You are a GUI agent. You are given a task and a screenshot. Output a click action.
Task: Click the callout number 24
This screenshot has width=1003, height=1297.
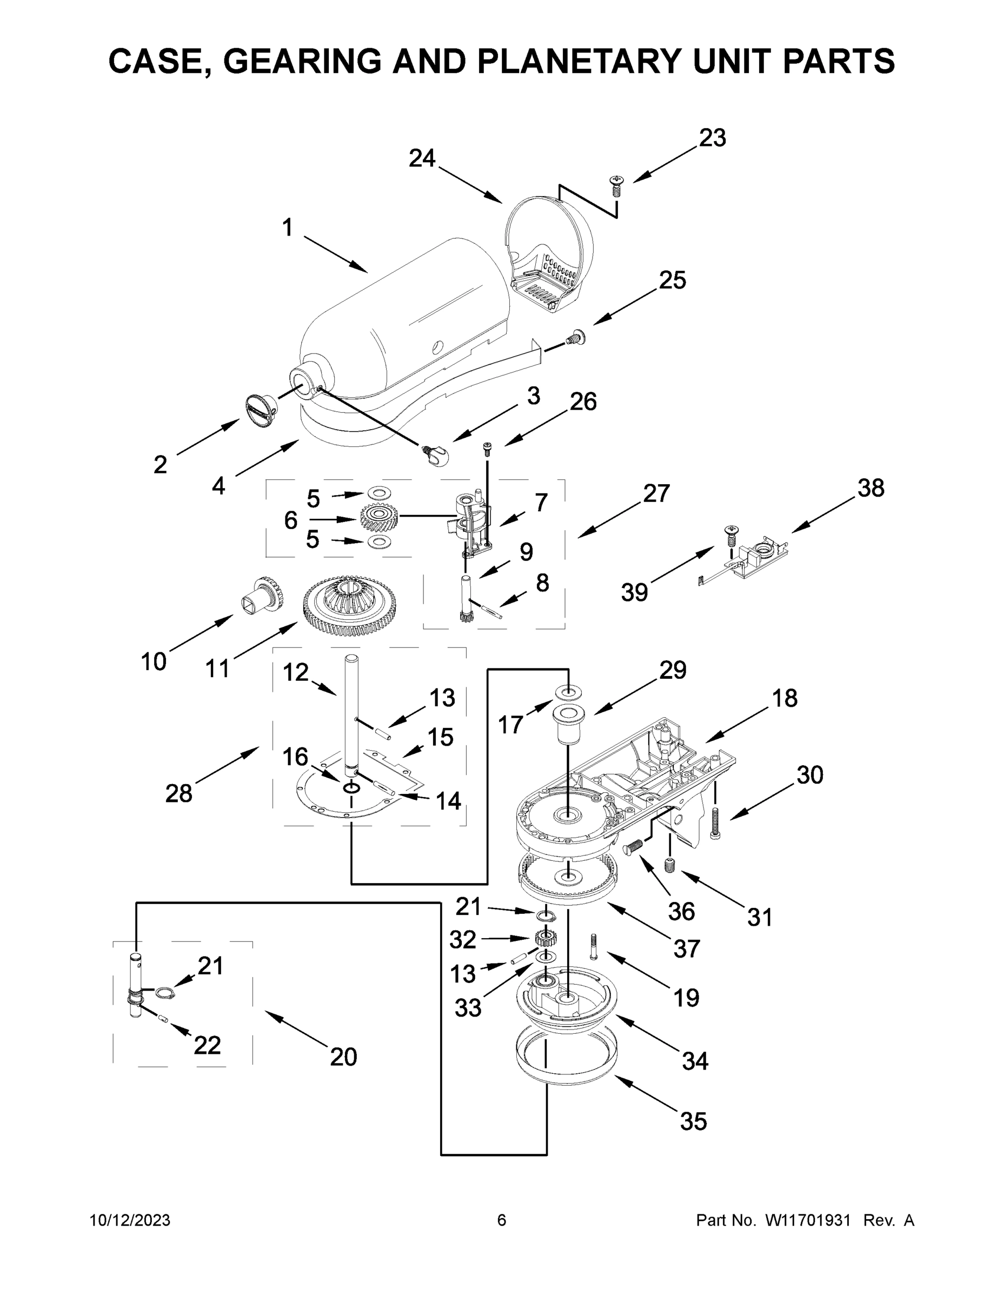pyautogui.click(x=422, y=158)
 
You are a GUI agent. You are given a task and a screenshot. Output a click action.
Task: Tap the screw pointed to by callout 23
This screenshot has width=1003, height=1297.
pyautogui.click(x=617, y=186)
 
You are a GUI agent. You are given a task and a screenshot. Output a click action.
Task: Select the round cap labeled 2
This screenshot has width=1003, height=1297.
pyautogui.click(x=260, y=410)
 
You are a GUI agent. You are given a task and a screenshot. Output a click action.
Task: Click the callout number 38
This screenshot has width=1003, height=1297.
pyautogui.click(x=871, y=488)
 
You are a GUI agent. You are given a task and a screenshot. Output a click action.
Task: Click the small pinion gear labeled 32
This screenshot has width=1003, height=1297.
pyautogui.click(x=545, y=939)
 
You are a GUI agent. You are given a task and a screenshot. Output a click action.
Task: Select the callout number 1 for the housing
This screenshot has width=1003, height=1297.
pyautogui.click(x=288, y=227)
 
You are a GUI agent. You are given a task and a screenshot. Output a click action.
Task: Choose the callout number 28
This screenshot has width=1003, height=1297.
pyautogui.click(x=179, y=793)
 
